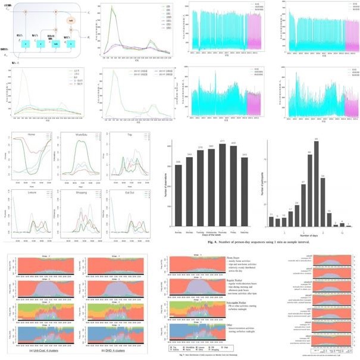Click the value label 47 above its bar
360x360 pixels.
[x=303, y=181]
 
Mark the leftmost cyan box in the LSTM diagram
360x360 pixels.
[x=26, y=43]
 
